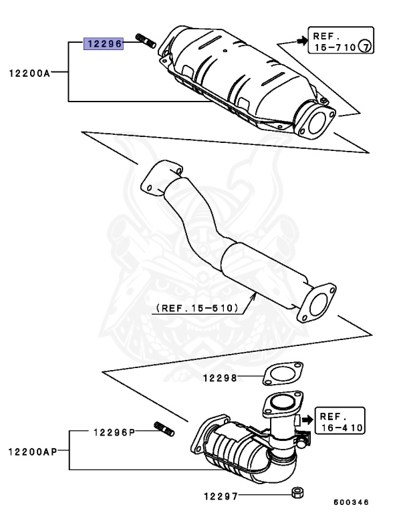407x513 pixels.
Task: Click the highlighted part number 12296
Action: (x=103, y=45)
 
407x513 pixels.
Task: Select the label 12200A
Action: (x=29, y=73)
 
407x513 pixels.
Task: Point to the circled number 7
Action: (x=365, y=46)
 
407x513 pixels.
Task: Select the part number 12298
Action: (x=221, y=378)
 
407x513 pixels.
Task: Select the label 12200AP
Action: (x=33, y=452)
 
